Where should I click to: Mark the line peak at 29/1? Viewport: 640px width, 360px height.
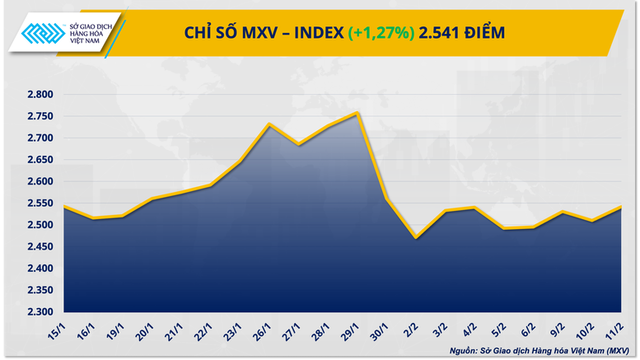point(359,113)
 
